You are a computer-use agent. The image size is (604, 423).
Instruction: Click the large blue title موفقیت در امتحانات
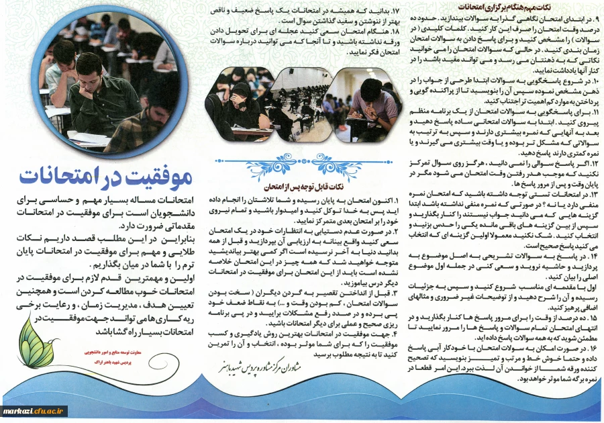tap(106, 177)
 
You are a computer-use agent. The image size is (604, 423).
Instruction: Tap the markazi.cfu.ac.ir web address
tap(34, 410)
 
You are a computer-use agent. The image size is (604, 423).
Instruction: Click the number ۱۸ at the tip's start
tap(395, 32)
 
